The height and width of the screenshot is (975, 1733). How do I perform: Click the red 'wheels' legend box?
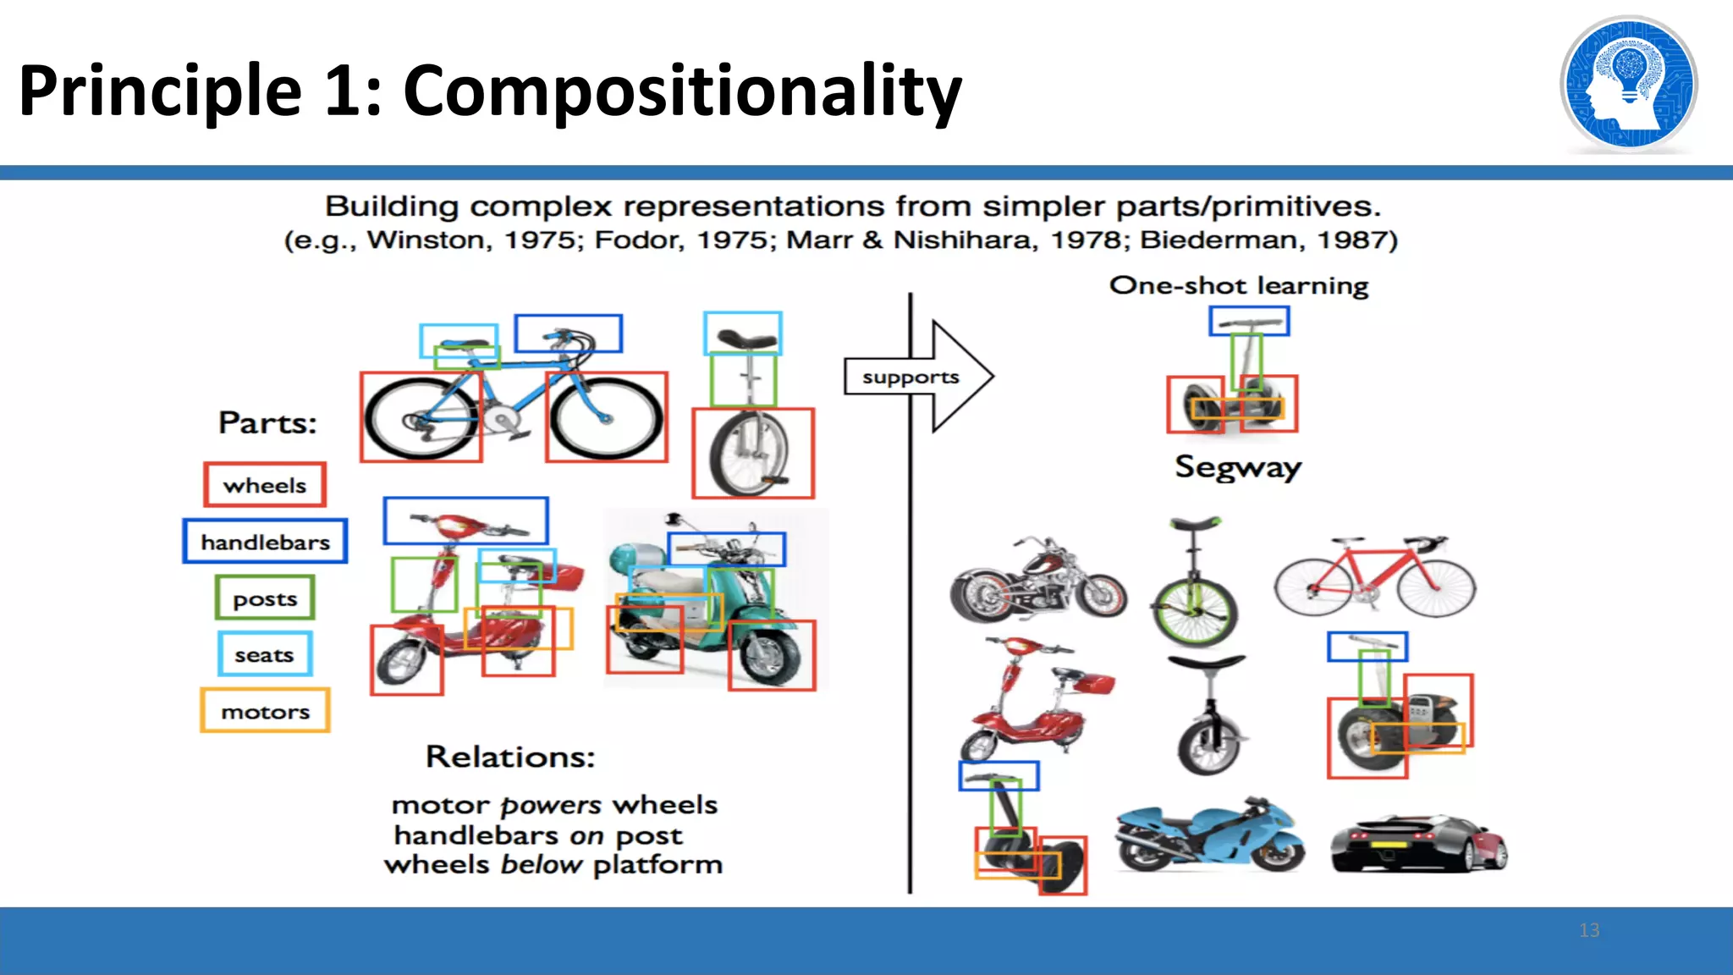[265, 485]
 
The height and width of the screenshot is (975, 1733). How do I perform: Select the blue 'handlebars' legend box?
[265, 542]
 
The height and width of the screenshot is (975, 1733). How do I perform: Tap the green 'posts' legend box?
[265, 598]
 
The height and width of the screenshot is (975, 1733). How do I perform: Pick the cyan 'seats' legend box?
[265, 654]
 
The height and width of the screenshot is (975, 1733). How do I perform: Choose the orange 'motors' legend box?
[265, 711]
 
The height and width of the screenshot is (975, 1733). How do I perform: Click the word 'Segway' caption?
[1237, 467]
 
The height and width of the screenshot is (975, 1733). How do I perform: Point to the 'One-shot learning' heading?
[1238, 286]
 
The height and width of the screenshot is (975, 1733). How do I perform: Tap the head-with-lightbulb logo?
[1628, 85]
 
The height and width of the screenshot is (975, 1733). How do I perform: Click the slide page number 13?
[1589, 930]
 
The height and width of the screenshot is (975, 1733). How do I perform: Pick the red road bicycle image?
[1375, 577]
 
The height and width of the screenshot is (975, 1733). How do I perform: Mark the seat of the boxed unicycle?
[744, 339]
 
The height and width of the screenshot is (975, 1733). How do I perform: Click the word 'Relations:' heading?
[510, 757]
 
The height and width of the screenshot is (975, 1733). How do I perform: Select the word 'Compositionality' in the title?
[682, 91]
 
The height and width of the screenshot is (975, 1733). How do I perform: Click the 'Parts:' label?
[267, 422]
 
